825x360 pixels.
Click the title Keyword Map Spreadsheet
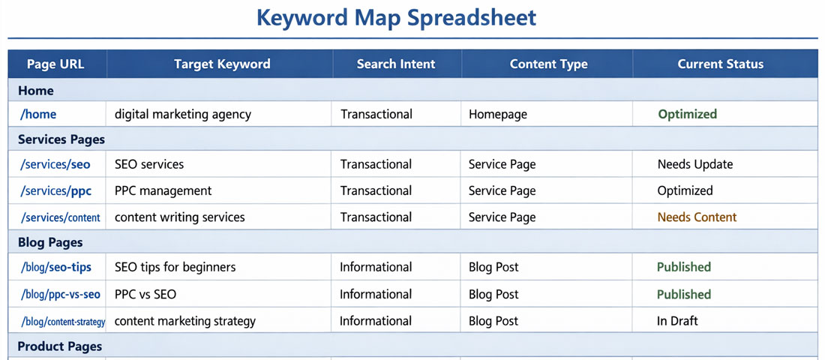[397, 17]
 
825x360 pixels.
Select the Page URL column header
[55, 64]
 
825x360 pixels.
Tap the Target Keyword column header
[222, 64]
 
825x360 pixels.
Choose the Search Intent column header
[396, 64]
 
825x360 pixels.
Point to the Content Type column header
[548, 64]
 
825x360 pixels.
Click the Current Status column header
[720, 64]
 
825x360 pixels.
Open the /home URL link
[39, 115]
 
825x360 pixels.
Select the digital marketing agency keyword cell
[183, 115]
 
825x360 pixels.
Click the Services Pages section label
[61, 139]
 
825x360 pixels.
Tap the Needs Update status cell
[695, 164]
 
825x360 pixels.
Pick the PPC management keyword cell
[163, 191]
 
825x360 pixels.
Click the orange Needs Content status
[697, 217]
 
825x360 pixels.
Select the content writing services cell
[180, 217]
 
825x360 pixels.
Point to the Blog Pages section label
[50, 243]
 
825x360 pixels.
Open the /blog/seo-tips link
[56, 267]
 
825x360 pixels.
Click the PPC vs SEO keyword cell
[145, 295]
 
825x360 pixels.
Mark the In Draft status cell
[677, 321]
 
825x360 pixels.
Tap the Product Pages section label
[60, 346]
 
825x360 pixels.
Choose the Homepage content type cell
[498, 115]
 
